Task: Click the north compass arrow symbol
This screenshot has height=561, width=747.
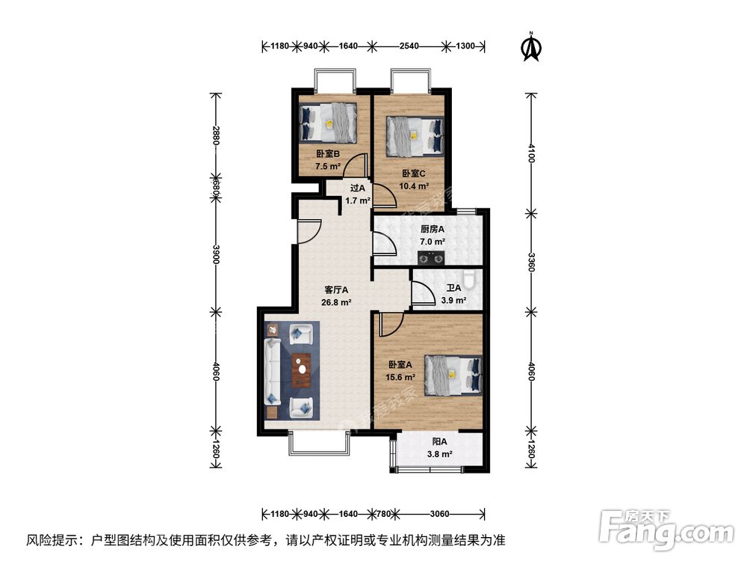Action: pyautogui.click(x=531, y=46)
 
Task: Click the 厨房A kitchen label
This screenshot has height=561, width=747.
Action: pyautogui.click(x=432, y=230)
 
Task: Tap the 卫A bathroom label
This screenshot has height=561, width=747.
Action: pyautogui.click(x=453, y=288)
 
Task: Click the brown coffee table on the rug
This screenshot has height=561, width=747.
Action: pyautogui.click(x=302, y=367)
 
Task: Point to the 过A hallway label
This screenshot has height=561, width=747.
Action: pyautogui.click(x=357, y=188)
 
